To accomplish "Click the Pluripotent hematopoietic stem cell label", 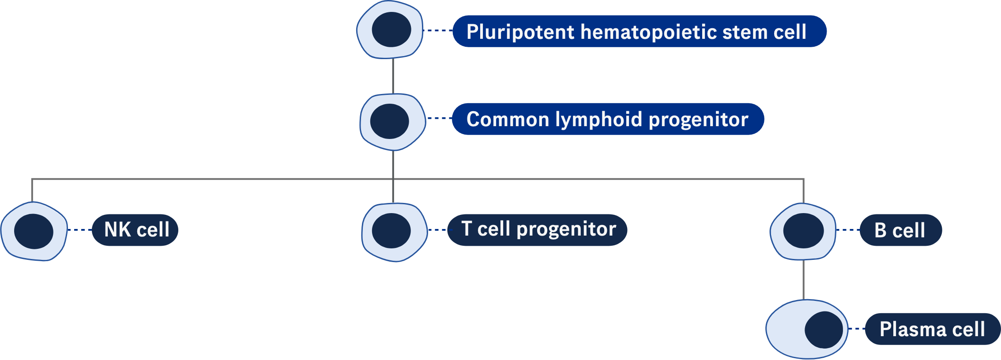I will [x=639, y=31].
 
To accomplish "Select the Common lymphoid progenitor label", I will [x=607, y=119].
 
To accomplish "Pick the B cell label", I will [x=900, y=230].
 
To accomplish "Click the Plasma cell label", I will [x=932, y=329].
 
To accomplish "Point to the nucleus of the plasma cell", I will [x=824, y=330].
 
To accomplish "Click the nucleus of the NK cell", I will [x=34, y=231].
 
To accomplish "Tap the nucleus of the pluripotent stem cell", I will [x=391, y=30].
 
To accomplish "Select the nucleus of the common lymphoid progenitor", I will [x=389, y=121].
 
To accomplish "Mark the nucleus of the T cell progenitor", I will [x=391, y=230].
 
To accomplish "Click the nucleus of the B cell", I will [x=803, y=231].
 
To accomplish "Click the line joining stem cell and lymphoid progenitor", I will [x=393, y=76].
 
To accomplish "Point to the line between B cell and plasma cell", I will [x=803, y=280].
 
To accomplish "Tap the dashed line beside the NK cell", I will [x=79, y=230].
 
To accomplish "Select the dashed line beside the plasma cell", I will [x=857, y=329].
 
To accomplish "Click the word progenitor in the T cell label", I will [x=566, y=229].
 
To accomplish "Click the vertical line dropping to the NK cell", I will [x=32, y=191].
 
